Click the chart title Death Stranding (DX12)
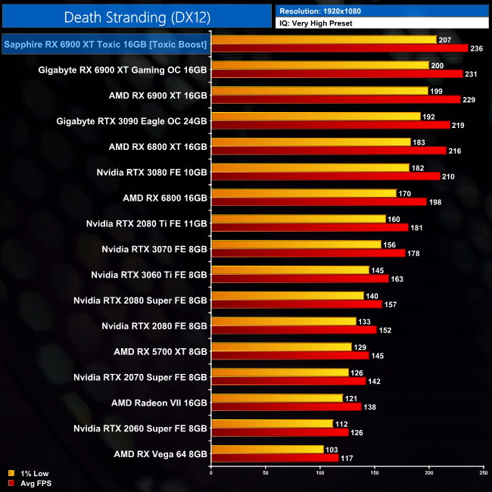[x=135, y=16]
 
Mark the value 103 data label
[x=332, y=450]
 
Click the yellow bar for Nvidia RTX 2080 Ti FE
[x=298, y=219]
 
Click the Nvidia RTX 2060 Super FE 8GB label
[x=140, y=428]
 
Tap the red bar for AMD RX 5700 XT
[x=290, y=355]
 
